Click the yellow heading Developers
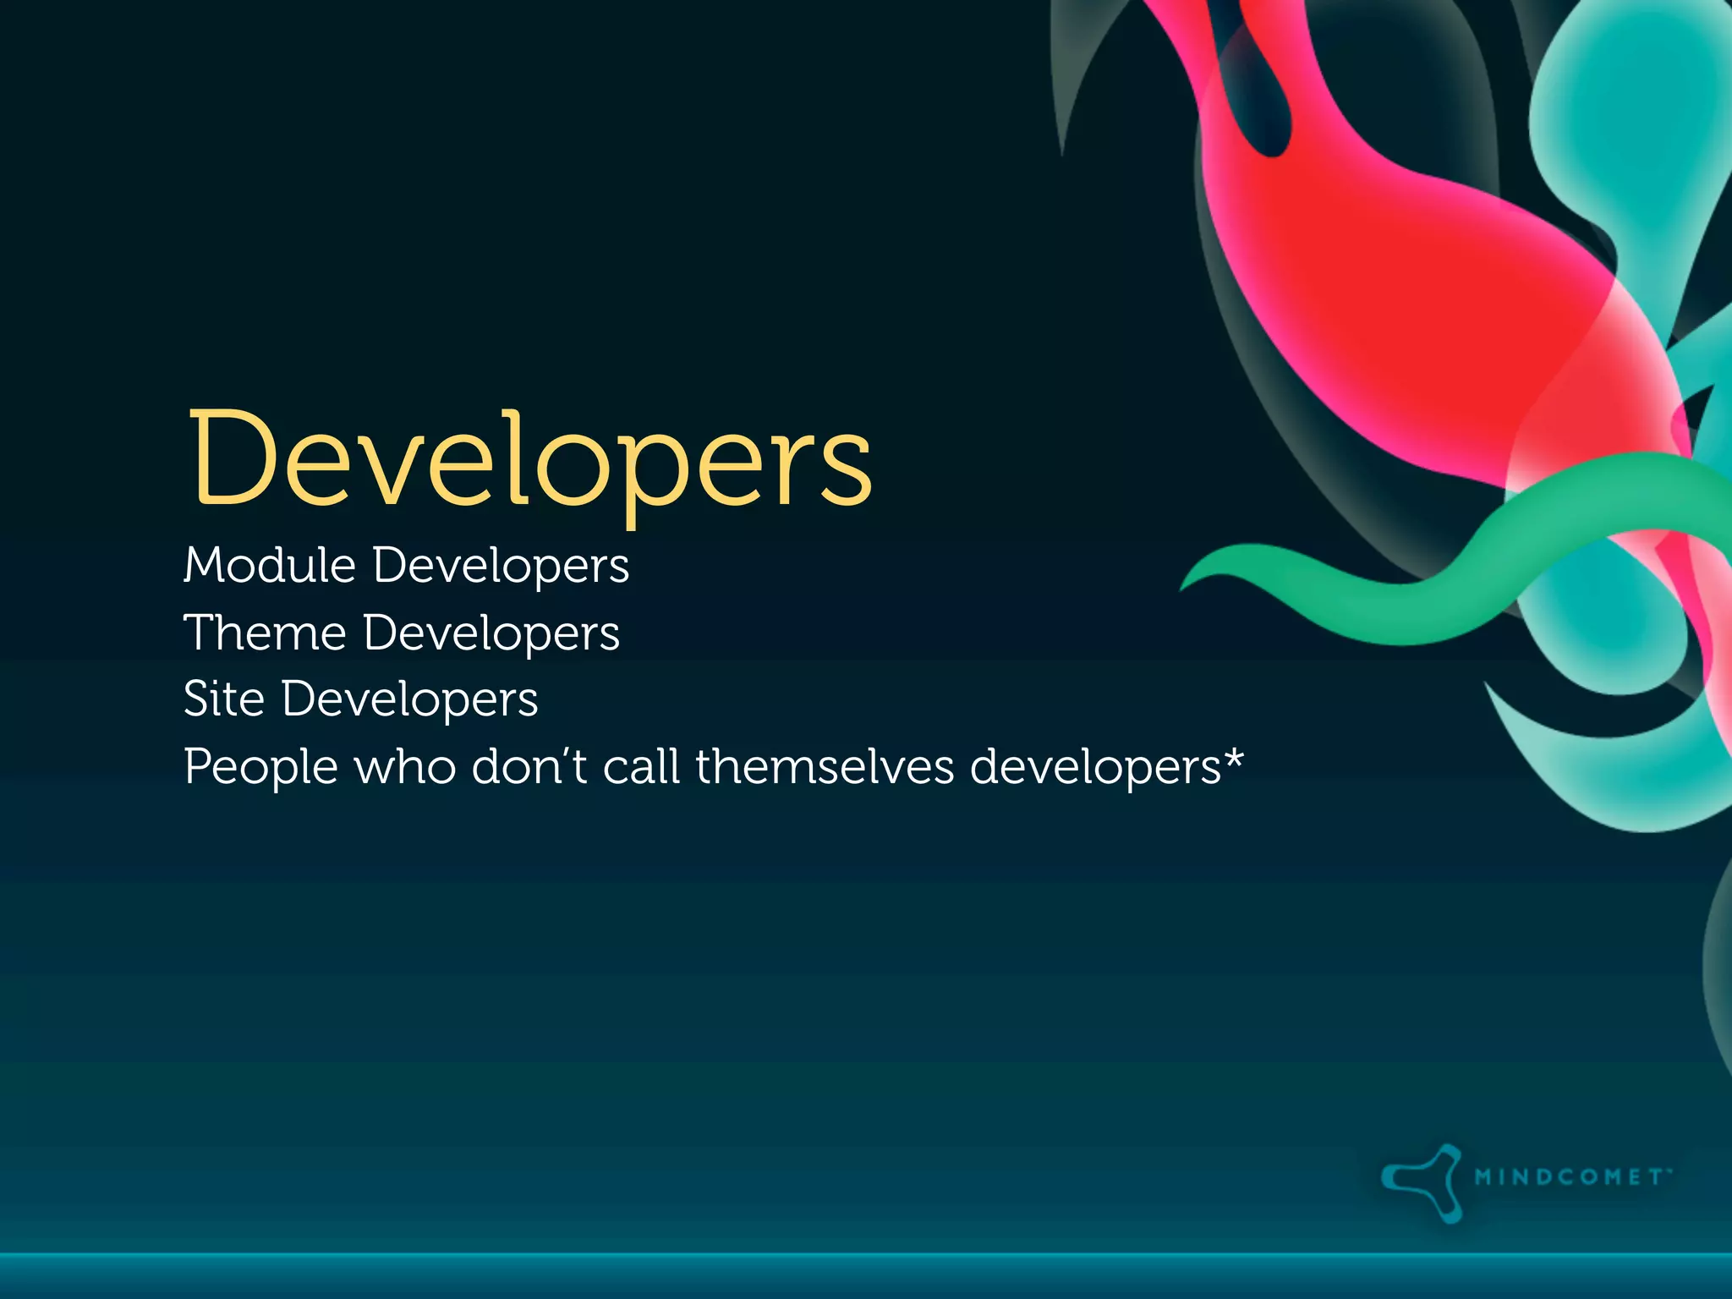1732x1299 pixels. pyautogui.click(x=529, y=461)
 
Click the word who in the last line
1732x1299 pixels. pyautogui.click(x=405, y=768)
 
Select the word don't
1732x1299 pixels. pyautogui.click(x=529, y=768)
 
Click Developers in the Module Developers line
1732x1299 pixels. pyautogui.click(x=501, y=567)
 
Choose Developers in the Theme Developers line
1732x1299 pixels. pyautogui.click(x=491, y=634)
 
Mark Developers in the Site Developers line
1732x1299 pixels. pyautogui.click(x=410, y=701)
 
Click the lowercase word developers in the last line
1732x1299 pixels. pyautogui.click(x=1095, y=768)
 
